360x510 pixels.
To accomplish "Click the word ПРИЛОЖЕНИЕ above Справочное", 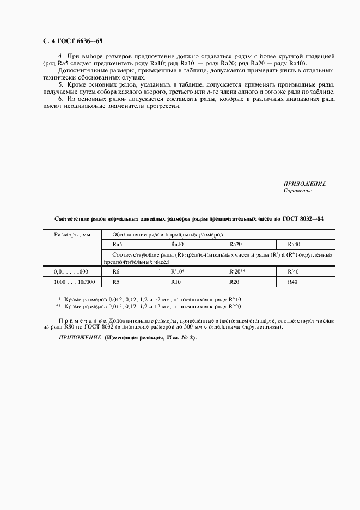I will click(x=304, y=184).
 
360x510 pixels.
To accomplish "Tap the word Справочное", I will click(x=297, y=191).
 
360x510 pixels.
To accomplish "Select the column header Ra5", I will click(x=117, y=244).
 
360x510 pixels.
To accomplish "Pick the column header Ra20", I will click(x=235, y=244).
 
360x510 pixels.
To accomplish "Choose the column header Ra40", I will click(x=294, y=244).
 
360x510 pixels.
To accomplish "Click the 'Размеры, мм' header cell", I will click(x=71, y=234).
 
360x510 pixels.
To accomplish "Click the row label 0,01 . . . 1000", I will click(x=71, y=271).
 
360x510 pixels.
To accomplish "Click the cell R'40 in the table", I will click(x=294, y=271).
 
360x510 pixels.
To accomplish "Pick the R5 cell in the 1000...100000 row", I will click(x=115, y=282).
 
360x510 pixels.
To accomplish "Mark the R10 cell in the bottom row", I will click(x=176, y=282).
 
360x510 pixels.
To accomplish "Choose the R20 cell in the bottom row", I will click(x=234, y=282).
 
